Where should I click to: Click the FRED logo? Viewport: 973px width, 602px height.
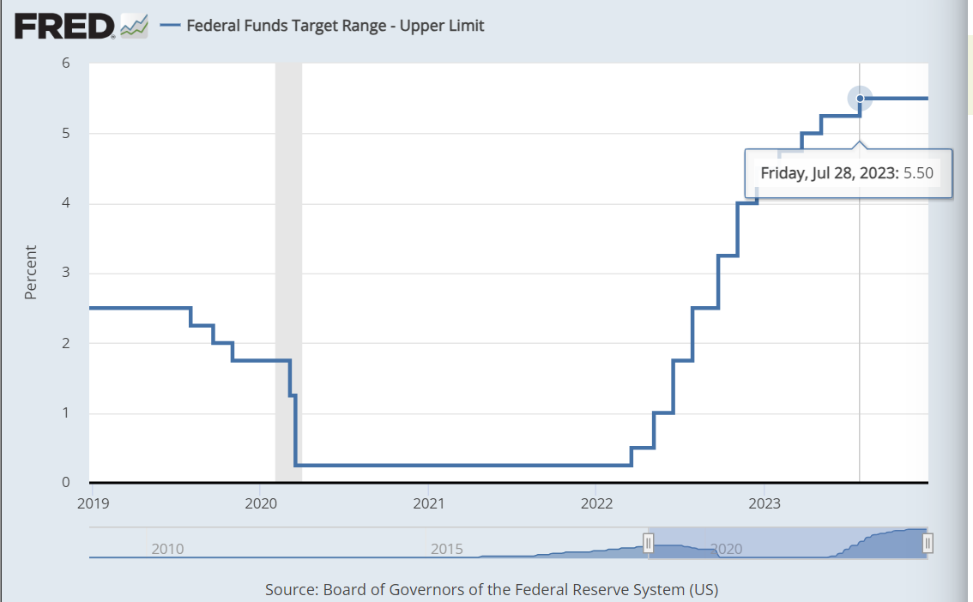pos(64,26)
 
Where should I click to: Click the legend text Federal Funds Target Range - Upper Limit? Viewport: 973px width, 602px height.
pos(335,26)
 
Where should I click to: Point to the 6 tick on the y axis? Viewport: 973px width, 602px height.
pos(65,63)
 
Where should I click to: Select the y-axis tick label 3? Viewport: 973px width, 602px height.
pos(65,274)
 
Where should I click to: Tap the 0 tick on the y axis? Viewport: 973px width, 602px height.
pos(65,483)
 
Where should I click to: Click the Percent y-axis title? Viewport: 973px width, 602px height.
pos(31,273)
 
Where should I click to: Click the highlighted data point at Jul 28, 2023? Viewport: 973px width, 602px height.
pos(860,99)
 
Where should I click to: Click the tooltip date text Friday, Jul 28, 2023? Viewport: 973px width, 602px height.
pos(829,172)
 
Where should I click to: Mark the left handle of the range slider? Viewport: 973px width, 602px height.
pos(649,543)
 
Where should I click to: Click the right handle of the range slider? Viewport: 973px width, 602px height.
pos(928,543)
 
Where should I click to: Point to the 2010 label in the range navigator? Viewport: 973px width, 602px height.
pos(167,548)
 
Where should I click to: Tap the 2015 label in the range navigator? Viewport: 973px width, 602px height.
pos(446,548)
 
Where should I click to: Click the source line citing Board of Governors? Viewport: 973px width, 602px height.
pos(491,590)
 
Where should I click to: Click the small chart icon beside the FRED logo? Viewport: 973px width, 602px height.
pos(134,26)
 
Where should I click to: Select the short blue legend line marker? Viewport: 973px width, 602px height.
pos(170,26)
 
